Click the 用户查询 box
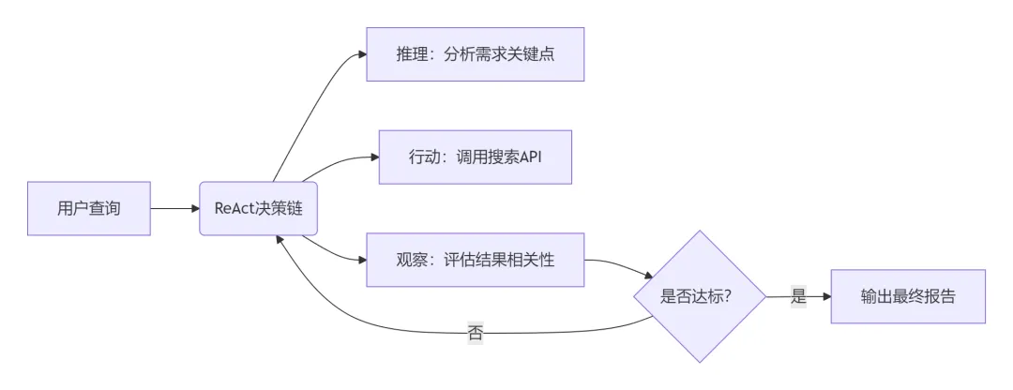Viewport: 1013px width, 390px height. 89,208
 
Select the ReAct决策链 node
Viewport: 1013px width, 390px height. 258,208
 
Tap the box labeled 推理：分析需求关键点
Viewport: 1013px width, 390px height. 476,53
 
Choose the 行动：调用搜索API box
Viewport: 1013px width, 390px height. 475,155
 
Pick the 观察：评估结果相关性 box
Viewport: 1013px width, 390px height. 476,259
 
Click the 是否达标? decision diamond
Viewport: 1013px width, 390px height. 697,296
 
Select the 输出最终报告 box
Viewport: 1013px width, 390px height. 908,296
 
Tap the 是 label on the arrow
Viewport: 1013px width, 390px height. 798,296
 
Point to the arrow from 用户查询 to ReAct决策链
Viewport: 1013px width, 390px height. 174,208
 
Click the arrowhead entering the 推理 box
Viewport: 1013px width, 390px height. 361,54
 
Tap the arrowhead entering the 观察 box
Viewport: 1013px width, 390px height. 361,260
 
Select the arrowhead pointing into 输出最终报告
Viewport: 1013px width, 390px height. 825,296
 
